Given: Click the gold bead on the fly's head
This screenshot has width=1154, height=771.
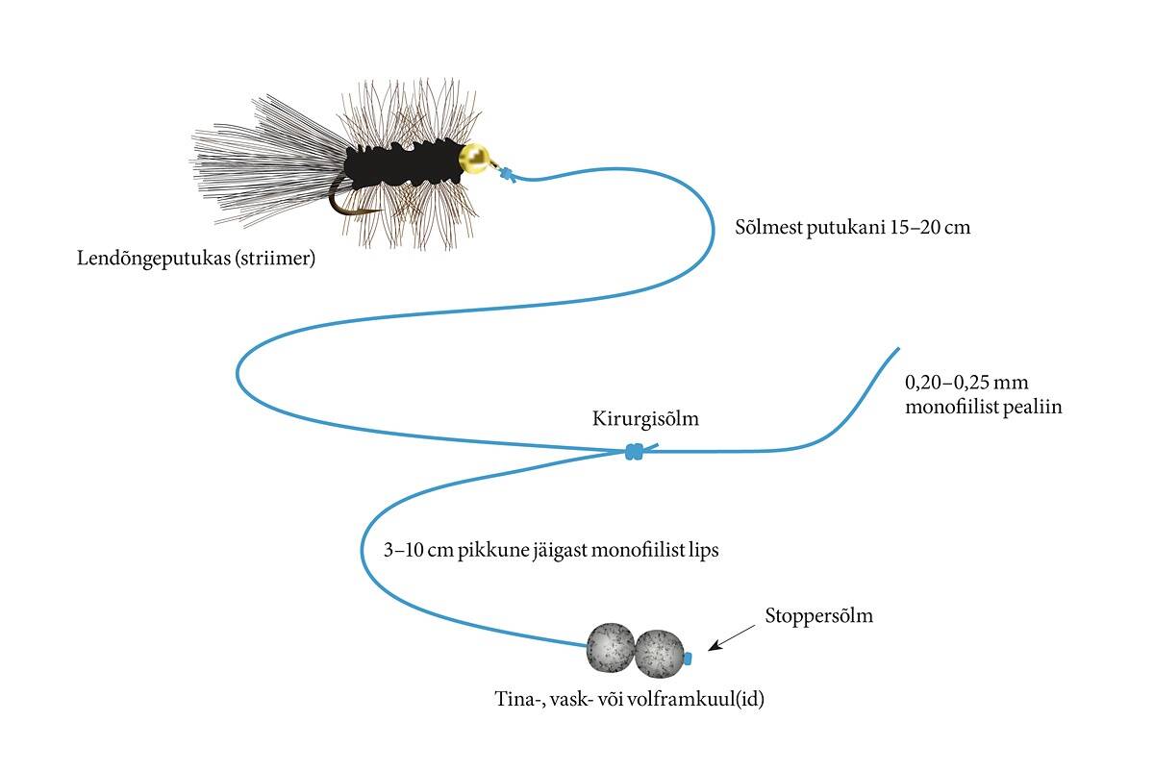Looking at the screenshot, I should pos(474,159).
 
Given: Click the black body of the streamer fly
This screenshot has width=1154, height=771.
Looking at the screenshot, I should pos(404,163).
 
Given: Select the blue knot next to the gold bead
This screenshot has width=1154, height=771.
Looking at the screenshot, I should pos(506,175).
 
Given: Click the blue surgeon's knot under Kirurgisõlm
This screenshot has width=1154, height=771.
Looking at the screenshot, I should pos(634,451).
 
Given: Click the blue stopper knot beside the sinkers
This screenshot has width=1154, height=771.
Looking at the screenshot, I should pos(690,659).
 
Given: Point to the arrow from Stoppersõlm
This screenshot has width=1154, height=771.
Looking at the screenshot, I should pos(731,634).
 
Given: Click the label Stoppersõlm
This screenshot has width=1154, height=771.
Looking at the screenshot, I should pos(819,616).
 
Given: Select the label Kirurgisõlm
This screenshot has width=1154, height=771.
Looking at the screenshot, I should pos(645,419).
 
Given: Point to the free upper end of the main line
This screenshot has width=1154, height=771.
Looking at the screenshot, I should pos(897,350).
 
